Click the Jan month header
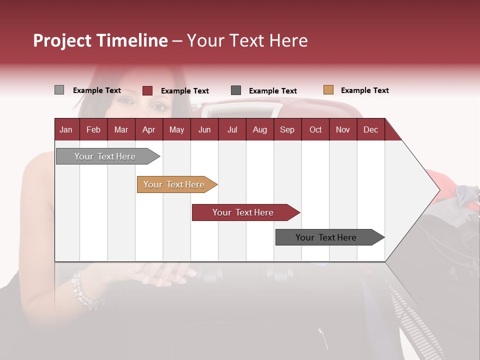coord(66,129)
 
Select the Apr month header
coord(148,129)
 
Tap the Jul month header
coord(232,129)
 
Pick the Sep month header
coord(287,129)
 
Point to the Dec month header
coord(370,129)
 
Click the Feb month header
coord(93,129)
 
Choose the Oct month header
coord(315,129)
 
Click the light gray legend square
coord(59,90)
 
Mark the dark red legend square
coord(147,90)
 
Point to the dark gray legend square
coord(236,90)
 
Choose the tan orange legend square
coord(328,90)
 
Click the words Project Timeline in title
coord(100,40)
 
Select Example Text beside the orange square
coord(364,90)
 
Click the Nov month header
coord(343,129)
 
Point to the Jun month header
coord(204,129)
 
